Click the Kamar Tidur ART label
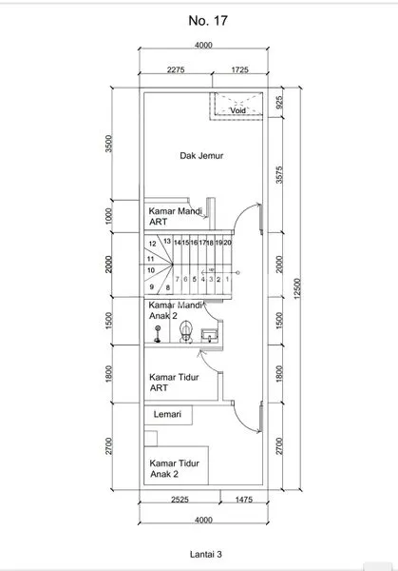[x=173, y=382]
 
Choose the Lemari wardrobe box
[x=168, y=415]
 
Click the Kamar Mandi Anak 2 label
[x=178, y=310]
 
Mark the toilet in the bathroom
[x=187, y=330]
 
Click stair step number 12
[x=151, y=244]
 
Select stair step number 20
[x=228, y=243]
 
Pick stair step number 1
[x=228, y=280]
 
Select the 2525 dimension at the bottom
[x=180, y=499]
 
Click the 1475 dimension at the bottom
[x=239, y=499]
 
